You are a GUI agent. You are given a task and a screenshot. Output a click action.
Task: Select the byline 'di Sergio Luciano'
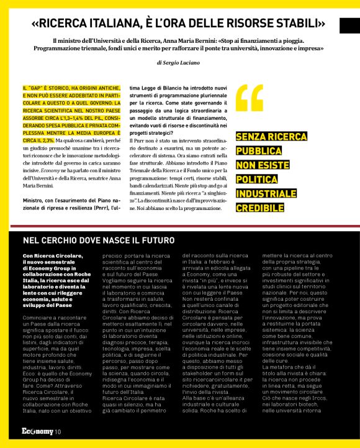point(178,63)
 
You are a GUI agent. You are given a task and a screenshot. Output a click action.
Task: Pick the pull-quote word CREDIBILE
point(264,207)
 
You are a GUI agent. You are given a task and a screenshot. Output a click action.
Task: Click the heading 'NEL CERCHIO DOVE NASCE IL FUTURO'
point(99,240)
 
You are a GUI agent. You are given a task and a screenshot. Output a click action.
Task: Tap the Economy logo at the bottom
point(37,432)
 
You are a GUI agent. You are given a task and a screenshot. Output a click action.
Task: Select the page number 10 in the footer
point(58,432)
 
